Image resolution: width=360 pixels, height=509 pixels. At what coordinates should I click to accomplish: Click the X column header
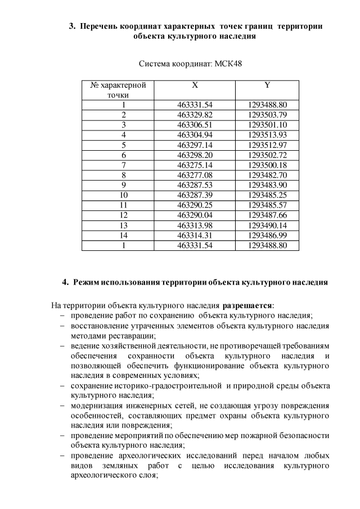pyautogui.click(x=195, y=85)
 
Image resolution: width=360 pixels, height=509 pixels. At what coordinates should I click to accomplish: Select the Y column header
pyautogui.click(x=267, y=85)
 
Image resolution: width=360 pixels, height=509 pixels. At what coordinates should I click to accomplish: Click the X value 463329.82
pyautogui.click(x=195, y=115)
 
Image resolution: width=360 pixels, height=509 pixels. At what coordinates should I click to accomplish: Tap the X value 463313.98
pyautogui.click(x=195, y=225)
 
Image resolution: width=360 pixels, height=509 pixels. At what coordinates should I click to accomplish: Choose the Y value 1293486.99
pyautogui.click(x=267, y=235)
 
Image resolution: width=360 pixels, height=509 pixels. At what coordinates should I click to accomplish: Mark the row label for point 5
pyautogui.click(x=123, y=145)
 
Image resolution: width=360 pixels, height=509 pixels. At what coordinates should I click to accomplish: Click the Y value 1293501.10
pyautogui.click(x=267, y=125)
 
